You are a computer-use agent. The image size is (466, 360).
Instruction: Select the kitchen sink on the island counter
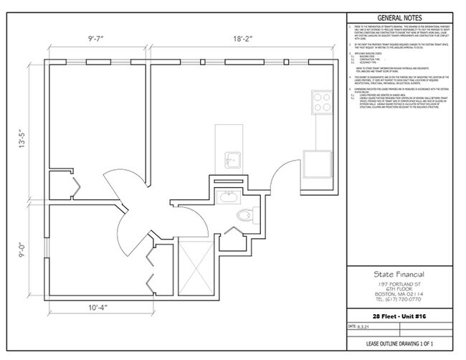[230, 159]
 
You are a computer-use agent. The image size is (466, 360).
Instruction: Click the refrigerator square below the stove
[316, 162]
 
